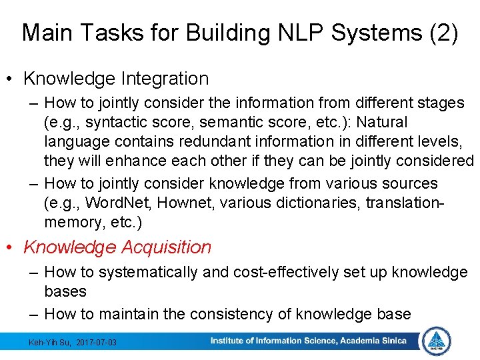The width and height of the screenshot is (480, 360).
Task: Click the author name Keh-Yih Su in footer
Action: point(51,343)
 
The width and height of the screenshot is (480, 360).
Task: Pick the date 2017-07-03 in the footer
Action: point(96,343)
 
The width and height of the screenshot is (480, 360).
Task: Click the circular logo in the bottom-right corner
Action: point(437,341)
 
